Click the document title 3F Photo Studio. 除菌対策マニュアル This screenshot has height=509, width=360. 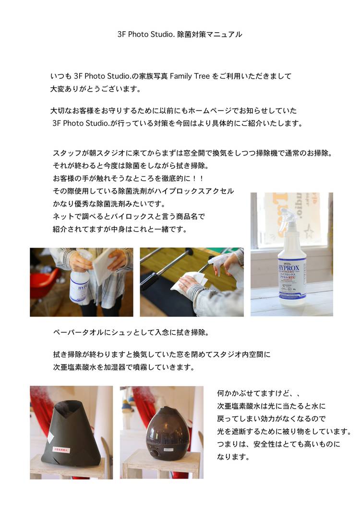pos(180,35)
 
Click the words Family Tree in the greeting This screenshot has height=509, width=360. pos(190,76)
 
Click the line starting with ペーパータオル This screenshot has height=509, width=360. pos(131,333)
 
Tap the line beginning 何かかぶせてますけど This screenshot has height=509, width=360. pos(258,393)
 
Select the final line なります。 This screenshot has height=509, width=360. pos(233,457)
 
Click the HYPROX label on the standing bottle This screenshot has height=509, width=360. pos(288,269)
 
